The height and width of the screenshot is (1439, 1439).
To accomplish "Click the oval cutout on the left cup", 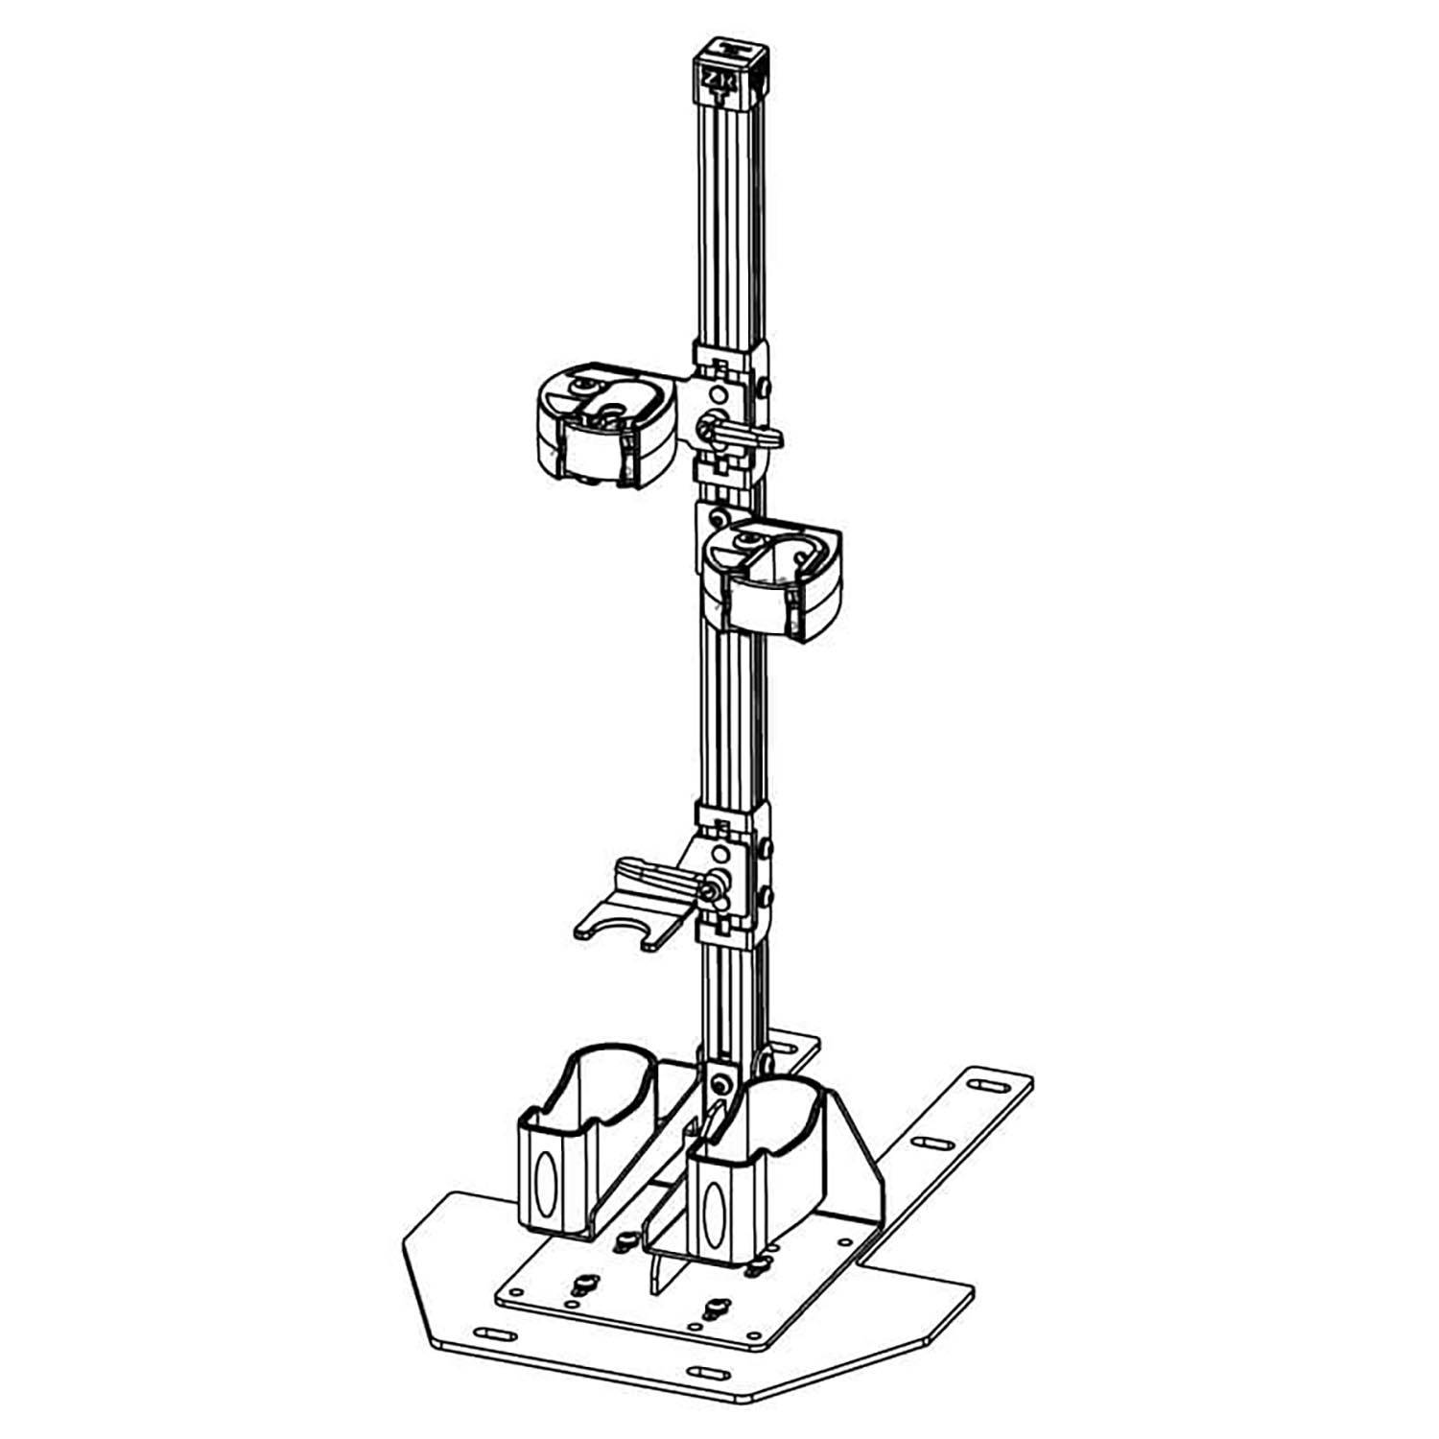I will click(545, 1180).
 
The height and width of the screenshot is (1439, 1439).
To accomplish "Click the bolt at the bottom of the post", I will click(722, 1085).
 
